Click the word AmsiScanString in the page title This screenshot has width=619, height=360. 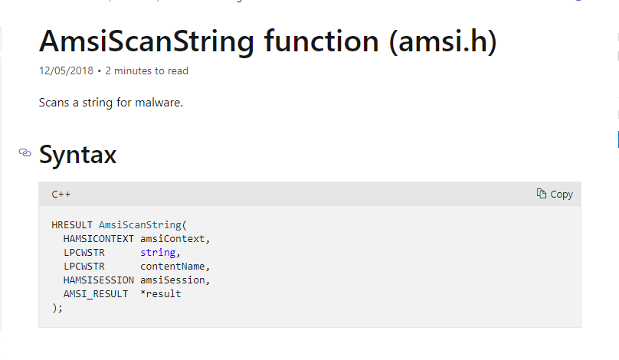click(146, 41)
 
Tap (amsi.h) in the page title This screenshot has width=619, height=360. click(443, 41)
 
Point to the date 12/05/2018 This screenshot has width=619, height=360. click(66, 70)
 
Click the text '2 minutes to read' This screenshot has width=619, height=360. click(146, 70)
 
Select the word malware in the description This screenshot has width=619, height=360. click(159, 103)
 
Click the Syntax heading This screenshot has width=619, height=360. click(78, 155)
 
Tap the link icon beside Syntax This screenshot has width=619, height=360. click(25, 152)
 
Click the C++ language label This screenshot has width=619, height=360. click(61, 195)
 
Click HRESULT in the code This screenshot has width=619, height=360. click(72, 225)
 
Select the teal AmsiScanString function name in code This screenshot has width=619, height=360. click(139, 225)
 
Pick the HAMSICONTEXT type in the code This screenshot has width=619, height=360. click(98, 239)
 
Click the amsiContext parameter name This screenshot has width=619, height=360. click(172, 239)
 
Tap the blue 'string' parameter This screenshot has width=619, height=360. click(158, 253)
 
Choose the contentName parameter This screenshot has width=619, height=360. click(172, 267)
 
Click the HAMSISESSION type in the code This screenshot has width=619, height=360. click(98, 280)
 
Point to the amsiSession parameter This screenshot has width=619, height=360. click(172, 280)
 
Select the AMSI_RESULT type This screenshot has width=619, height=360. click(96, 294)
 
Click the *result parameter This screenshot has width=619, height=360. click(161, 294)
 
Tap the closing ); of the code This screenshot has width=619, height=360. click(57, 308)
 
